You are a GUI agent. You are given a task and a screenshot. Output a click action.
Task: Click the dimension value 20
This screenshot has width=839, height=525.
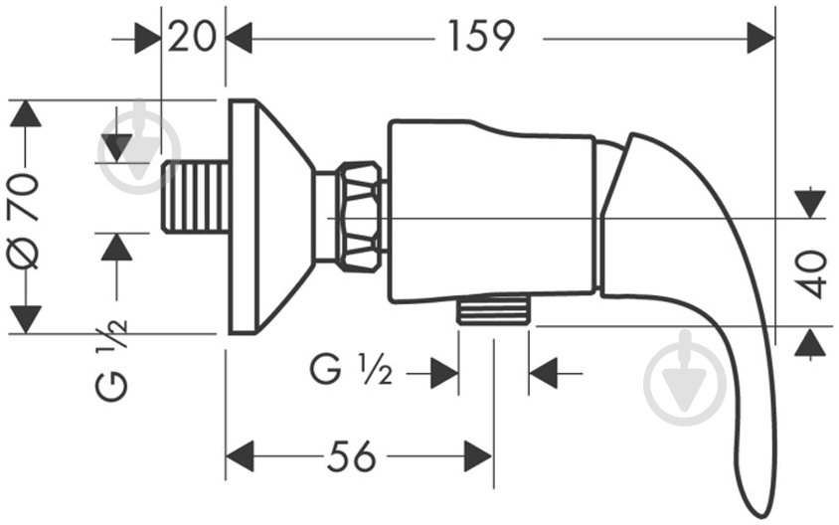[193, 37]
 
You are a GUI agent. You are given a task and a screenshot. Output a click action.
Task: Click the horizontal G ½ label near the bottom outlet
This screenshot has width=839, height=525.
[351, 372]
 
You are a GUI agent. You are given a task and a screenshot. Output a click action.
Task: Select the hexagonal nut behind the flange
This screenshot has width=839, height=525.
[358, 216]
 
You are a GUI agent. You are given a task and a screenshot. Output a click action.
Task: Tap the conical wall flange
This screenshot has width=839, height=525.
[263, 216]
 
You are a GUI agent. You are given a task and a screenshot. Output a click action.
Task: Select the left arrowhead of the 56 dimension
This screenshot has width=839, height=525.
[240, 457]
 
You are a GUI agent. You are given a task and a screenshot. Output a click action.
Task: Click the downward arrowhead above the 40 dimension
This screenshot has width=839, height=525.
[812, 203]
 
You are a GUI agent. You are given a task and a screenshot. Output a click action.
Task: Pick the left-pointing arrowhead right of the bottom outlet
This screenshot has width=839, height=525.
[542, 374]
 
